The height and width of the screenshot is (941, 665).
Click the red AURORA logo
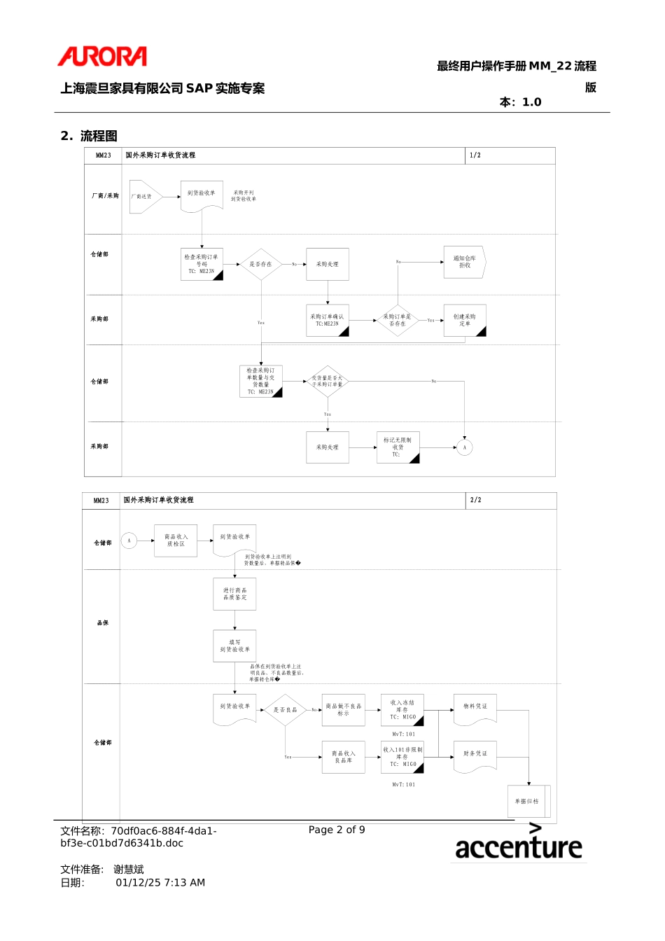102,56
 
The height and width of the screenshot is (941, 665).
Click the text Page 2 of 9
337,830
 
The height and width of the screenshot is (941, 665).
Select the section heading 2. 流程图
89,136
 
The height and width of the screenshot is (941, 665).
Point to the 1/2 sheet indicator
475,155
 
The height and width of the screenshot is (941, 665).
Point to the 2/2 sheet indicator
476,500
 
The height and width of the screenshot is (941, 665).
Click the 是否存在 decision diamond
260,264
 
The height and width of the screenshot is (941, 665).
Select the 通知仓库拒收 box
464,262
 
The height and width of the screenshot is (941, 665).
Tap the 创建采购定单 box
464,320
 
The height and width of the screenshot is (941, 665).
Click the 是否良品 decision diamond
285,710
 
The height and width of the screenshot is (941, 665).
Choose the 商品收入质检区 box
176,541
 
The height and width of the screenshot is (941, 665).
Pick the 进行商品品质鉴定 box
234,594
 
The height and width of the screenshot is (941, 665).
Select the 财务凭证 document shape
475,755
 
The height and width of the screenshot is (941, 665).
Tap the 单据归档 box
528,801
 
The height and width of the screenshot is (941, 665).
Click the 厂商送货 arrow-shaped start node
144,197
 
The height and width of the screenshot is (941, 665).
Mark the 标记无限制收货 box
398,447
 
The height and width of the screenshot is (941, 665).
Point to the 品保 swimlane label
103,623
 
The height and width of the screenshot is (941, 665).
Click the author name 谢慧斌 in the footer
129,870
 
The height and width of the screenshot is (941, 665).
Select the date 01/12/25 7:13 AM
160,883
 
